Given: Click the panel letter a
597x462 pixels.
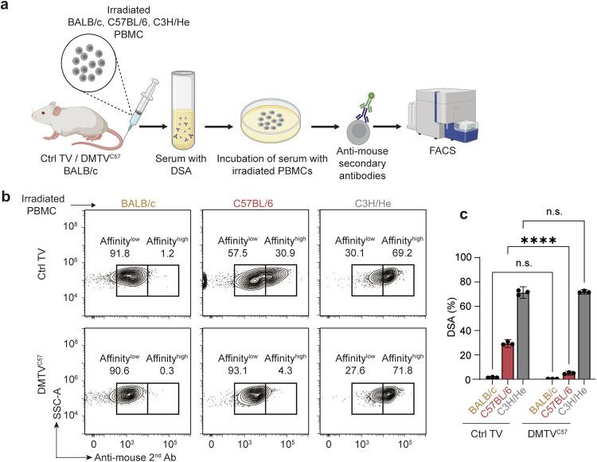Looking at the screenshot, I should [7, 7].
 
